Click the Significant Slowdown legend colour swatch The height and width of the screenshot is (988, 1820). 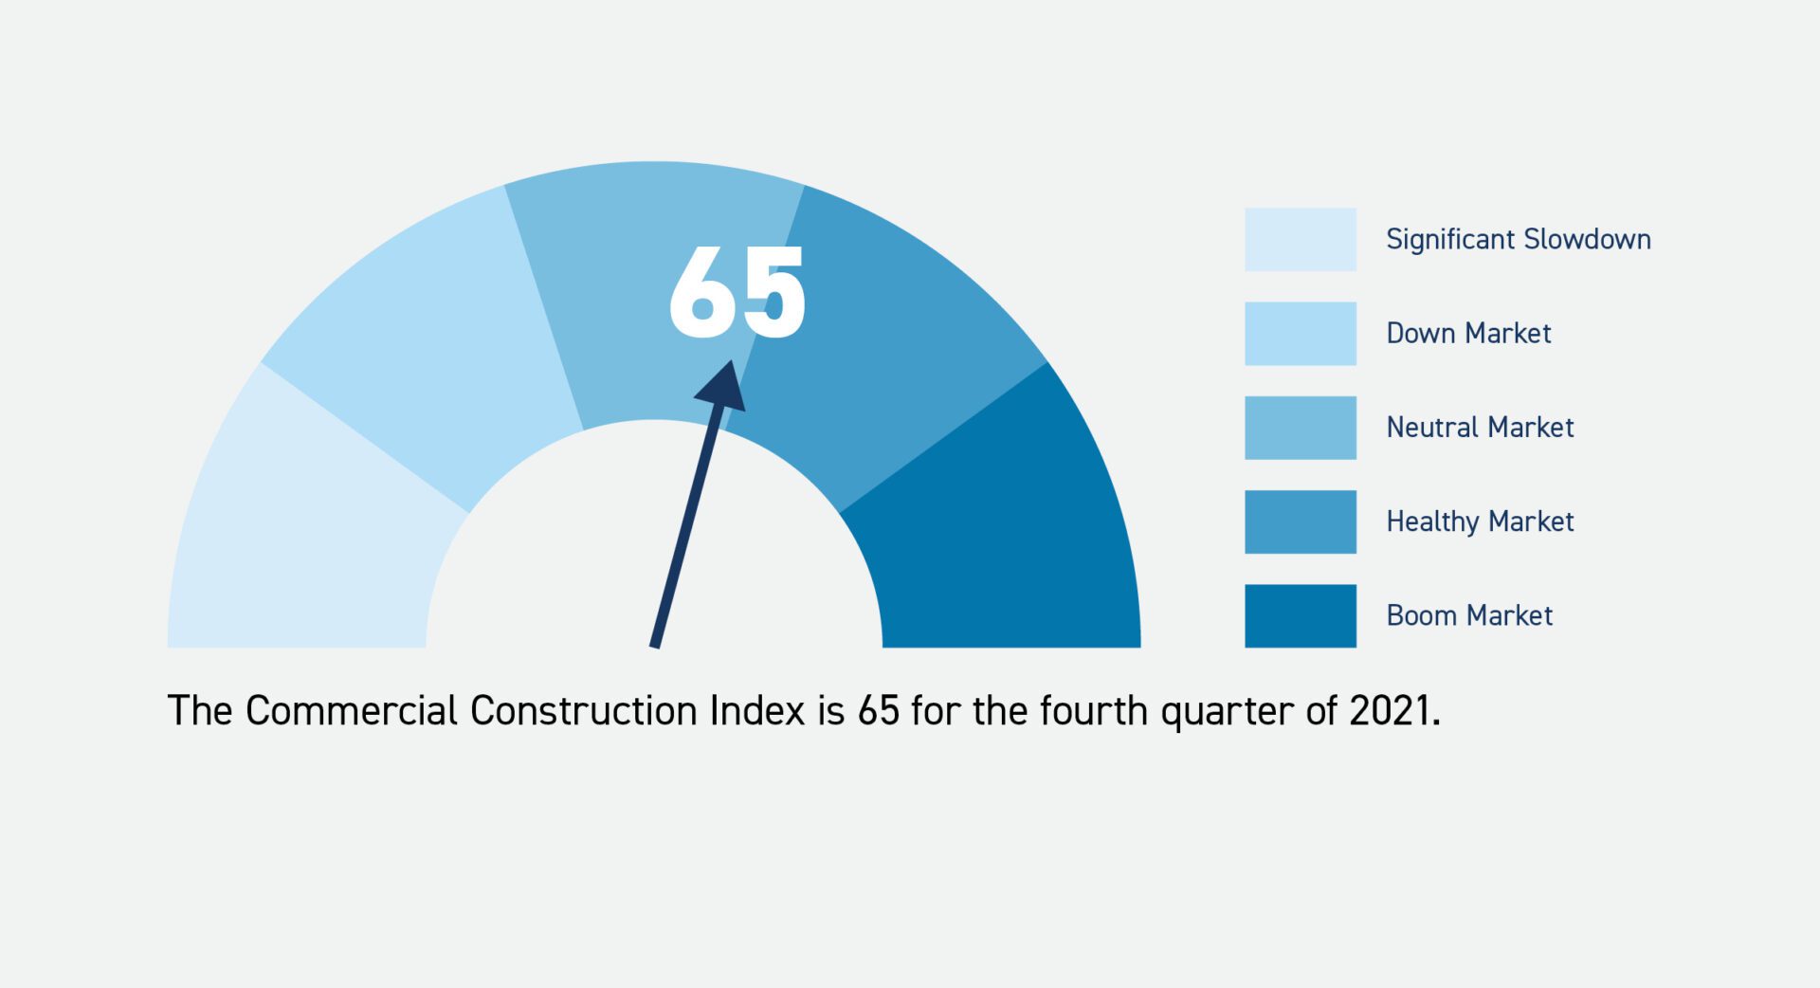1300,239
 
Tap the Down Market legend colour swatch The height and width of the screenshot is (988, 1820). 1300,333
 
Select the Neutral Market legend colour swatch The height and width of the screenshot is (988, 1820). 1300,427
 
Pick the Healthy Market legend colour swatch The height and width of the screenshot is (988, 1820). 1300,521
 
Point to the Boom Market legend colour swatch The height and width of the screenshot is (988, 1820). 1300,614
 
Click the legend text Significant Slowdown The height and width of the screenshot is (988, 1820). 1518,239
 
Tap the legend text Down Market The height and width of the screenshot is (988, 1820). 1468,333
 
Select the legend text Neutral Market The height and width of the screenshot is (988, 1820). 1480,427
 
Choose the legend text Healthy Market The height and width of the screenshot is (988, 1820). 1480,521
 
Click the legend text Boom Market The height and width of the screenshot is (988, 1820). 1469,614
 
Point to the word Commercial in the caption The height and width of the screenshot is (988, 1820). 351,710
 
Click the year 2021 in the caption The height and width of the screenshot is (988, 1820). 1392,710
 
